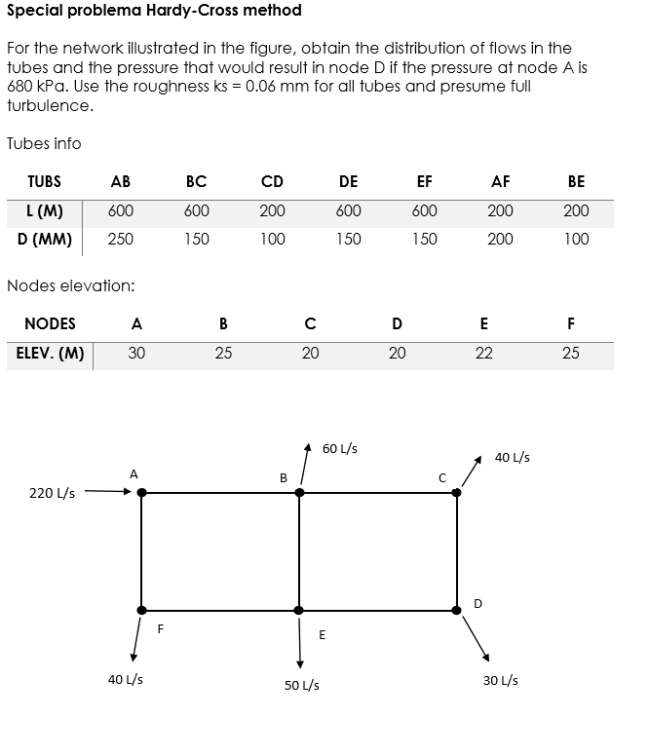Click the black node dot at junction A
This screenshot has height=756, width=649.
(141, 493)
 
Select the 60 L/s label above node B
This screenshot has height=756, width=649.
(339, 449)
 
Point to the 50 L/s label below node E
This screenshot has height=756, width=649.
(301, 685)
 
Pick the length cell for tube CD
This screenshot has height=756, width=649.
(272, 211)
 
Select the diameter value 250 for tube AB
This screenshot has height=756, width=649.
(121, 239)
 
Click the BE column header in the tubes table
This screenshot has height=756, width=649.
(576, 181)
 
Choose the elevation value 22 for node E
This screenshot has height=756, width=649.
(483, 354)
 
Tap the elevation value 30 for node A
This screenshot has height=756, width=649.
(136, 354)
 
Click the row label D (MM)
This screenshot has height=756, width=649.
(44, 239)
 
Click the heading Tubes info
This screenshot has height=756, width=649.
(44, 143)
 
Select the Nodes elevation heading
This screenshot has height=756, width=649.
(70, 285)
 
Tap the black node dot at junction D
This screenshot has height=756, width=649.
(457, 610)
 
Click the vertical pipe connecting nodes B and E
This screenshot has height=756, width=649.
(299, 551)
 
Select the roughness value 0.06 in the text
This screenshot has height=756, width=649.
(264, 86)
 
